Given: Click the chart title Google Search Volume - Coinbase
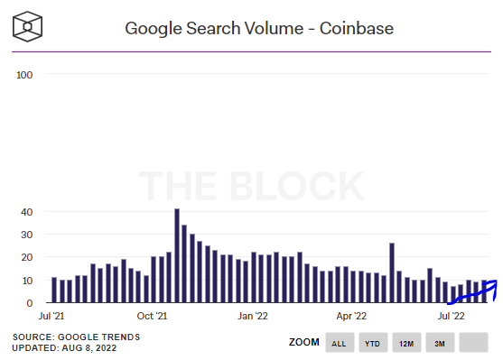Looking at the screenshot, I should click(x=258, y=28).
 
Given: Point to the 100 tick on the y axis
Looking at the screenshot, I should click(x=24, y=74).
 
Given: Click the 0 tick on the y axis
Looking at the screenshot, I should click(x=28, y=303).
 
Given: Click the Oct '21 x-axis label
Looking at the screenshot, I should click(x=153, y=317).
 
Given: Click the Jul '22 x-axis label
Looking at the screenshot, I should click(x=452, y=317).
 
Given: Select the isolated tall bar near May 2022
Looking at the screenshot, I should click(x=392, y=272).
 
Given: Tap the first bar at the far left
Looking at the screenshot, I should click(x=54, y=291).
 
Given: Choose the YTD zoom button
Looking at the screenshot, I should click(x=372, y=343).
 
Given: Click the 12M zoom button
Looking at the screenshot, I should click(x=405, y=343).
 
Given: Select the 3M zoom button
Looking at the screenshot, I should click(x=439, y=343).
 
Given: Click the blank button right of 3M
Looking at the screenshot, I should click(x=473, y=343).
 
